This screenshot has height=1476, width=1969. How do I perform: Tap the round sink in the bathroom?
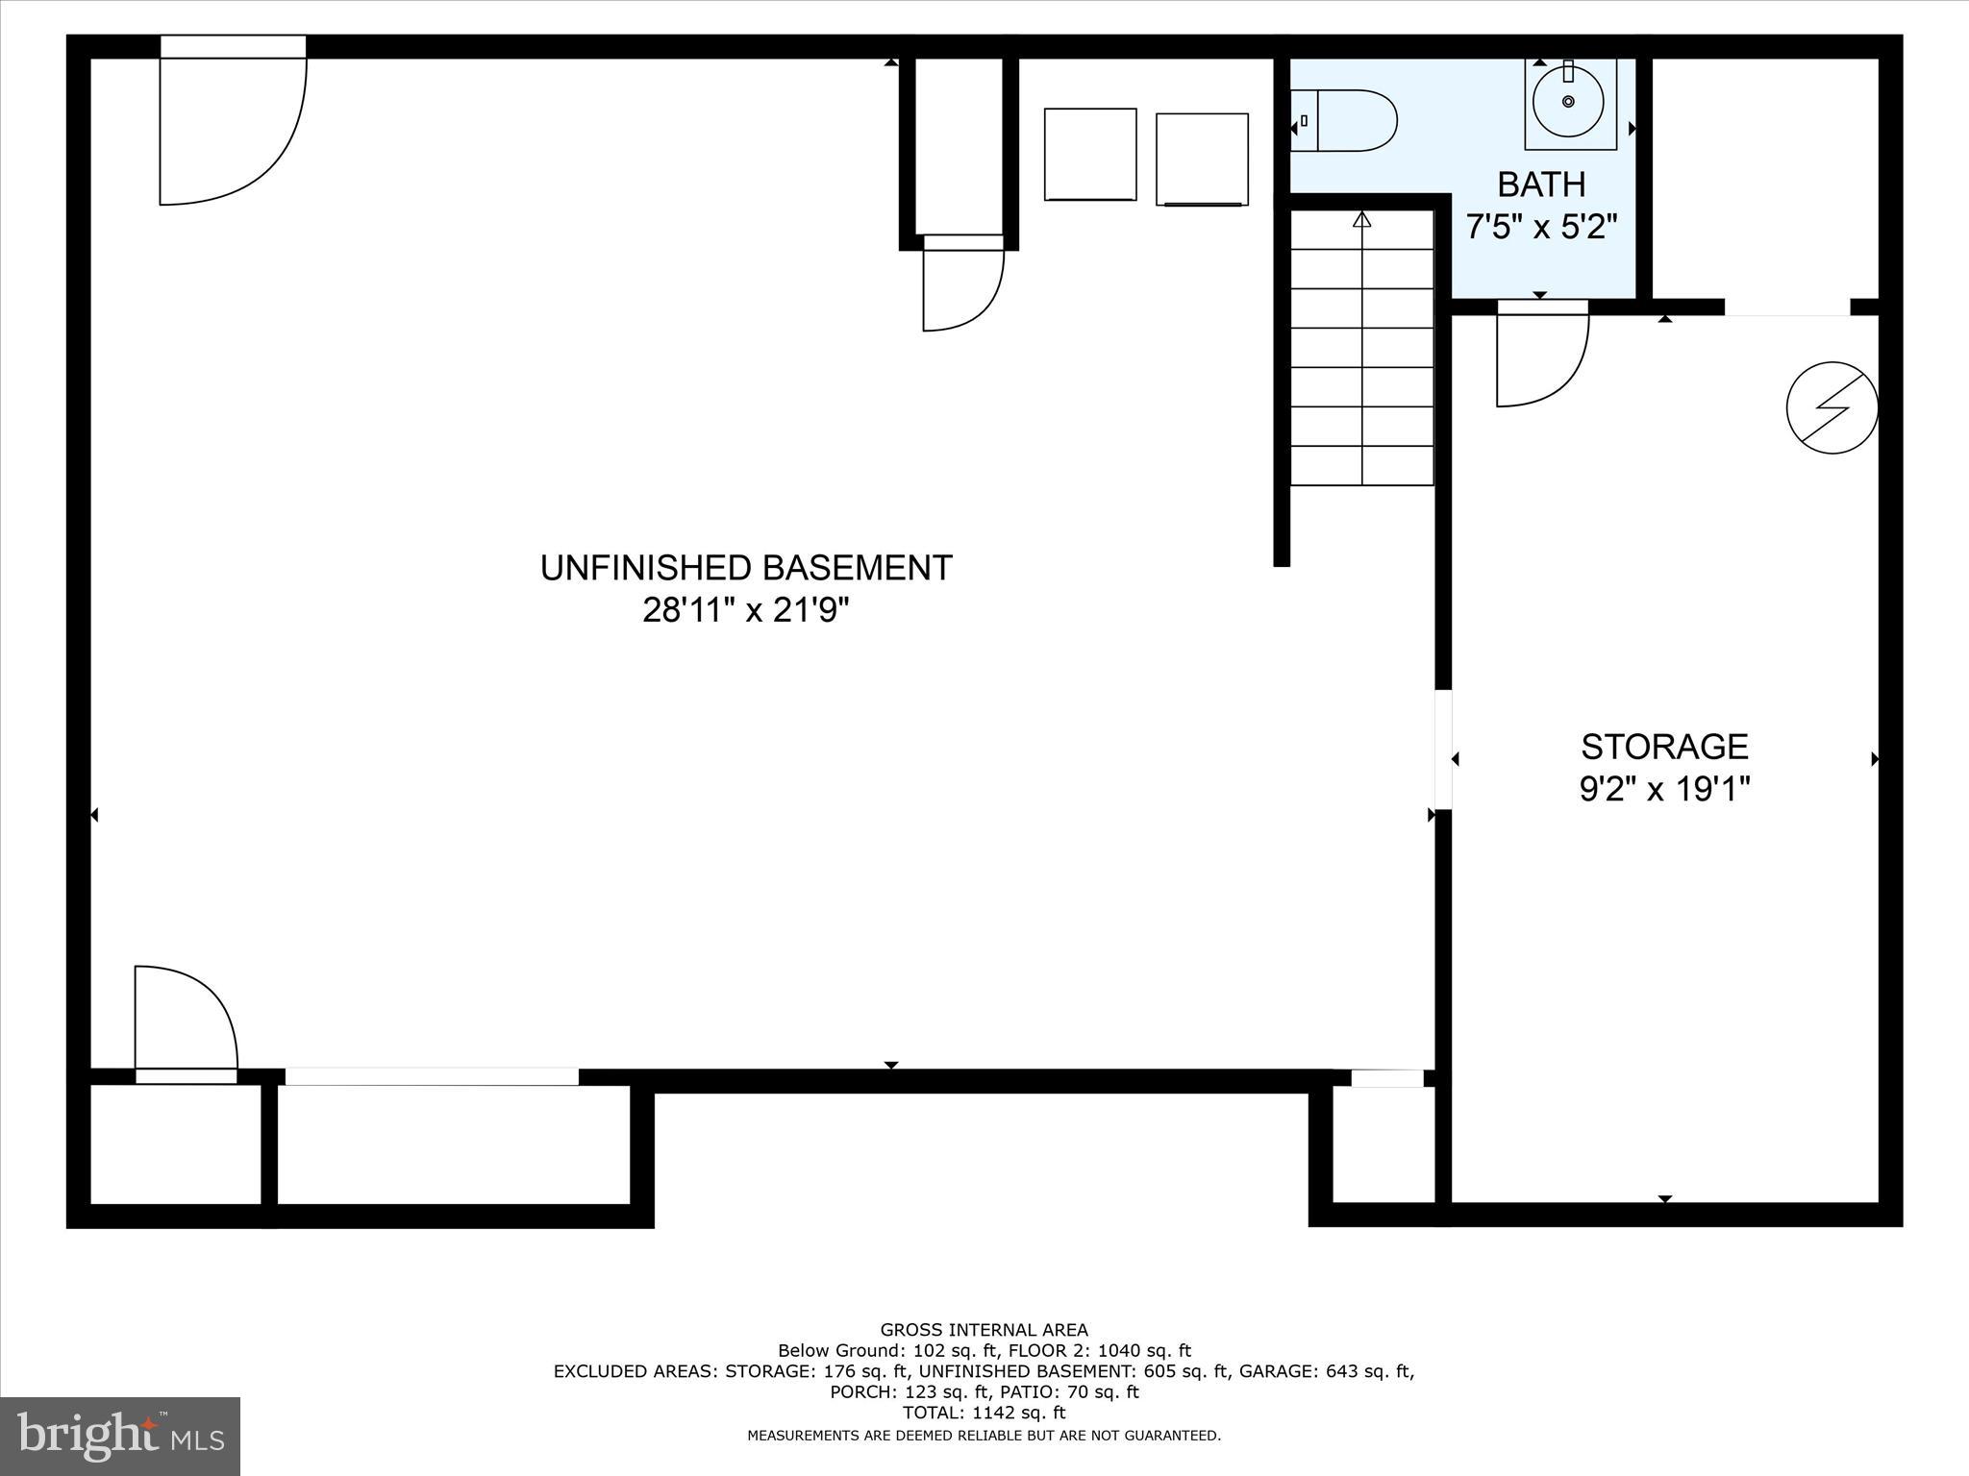click(1569, 102)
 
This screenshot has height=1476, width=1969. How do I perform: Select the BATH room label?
click(1541, 184)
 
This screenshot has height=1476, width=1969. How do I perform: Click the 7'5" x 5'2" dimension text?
click(1541, 227)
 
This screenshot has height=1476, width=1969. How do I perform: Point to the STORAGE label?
click(1664, 747)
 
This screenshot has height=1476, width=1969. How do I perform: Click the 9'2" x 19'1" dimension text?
click(1664, 790)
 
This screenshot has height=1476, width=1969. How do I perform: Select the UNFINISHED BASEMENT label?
click(746, 568)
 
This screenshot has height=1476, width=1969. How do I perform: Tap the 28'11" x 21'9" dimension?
click(746, 610)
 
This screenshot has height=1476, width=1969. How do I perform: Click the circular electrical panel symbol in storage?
click(1832, 407)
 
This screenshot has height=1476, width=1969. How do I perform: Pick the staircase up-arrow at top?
click(1361, 220)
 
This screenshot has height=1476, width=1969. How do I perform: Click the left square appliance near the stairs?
click(1090, 155)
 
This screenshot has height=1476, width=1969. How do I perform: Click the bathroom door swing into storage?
click(1541, 356)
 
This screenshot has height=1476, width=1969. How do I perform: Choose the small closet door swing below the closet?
click(962, 288)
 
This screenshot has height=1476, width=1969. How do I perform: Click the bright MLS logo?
click(120, 1436)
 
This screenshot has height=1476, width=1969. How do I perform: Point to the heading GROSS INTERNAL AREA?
click(984, 1330)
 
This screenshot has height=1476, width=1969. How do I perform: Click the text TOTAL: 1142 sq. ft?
click(984, 1413)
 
